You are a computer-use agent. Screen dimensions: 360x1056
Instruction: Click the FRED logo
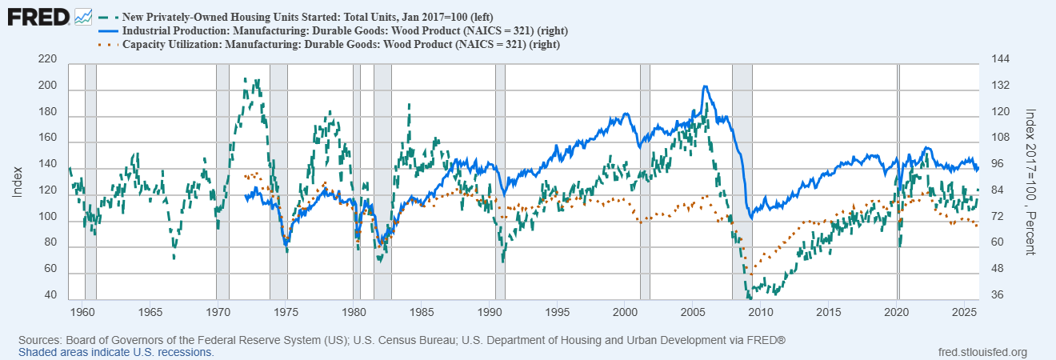point(38,15)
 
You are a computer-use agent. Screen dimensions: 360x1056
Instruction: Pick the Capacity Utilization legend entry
point(340,44)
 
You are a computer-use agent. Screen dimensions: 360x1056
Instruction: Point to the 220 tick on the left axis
point(47,59)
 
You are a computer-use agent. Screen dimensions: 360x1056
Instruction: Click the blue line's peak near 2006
point(704,86)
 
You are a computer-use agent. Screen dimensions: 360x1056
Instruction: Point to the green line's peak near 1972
point(246,79)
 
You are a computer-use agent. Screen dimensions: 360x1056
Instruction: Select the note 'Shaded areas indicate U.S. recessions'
point(116,352)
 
